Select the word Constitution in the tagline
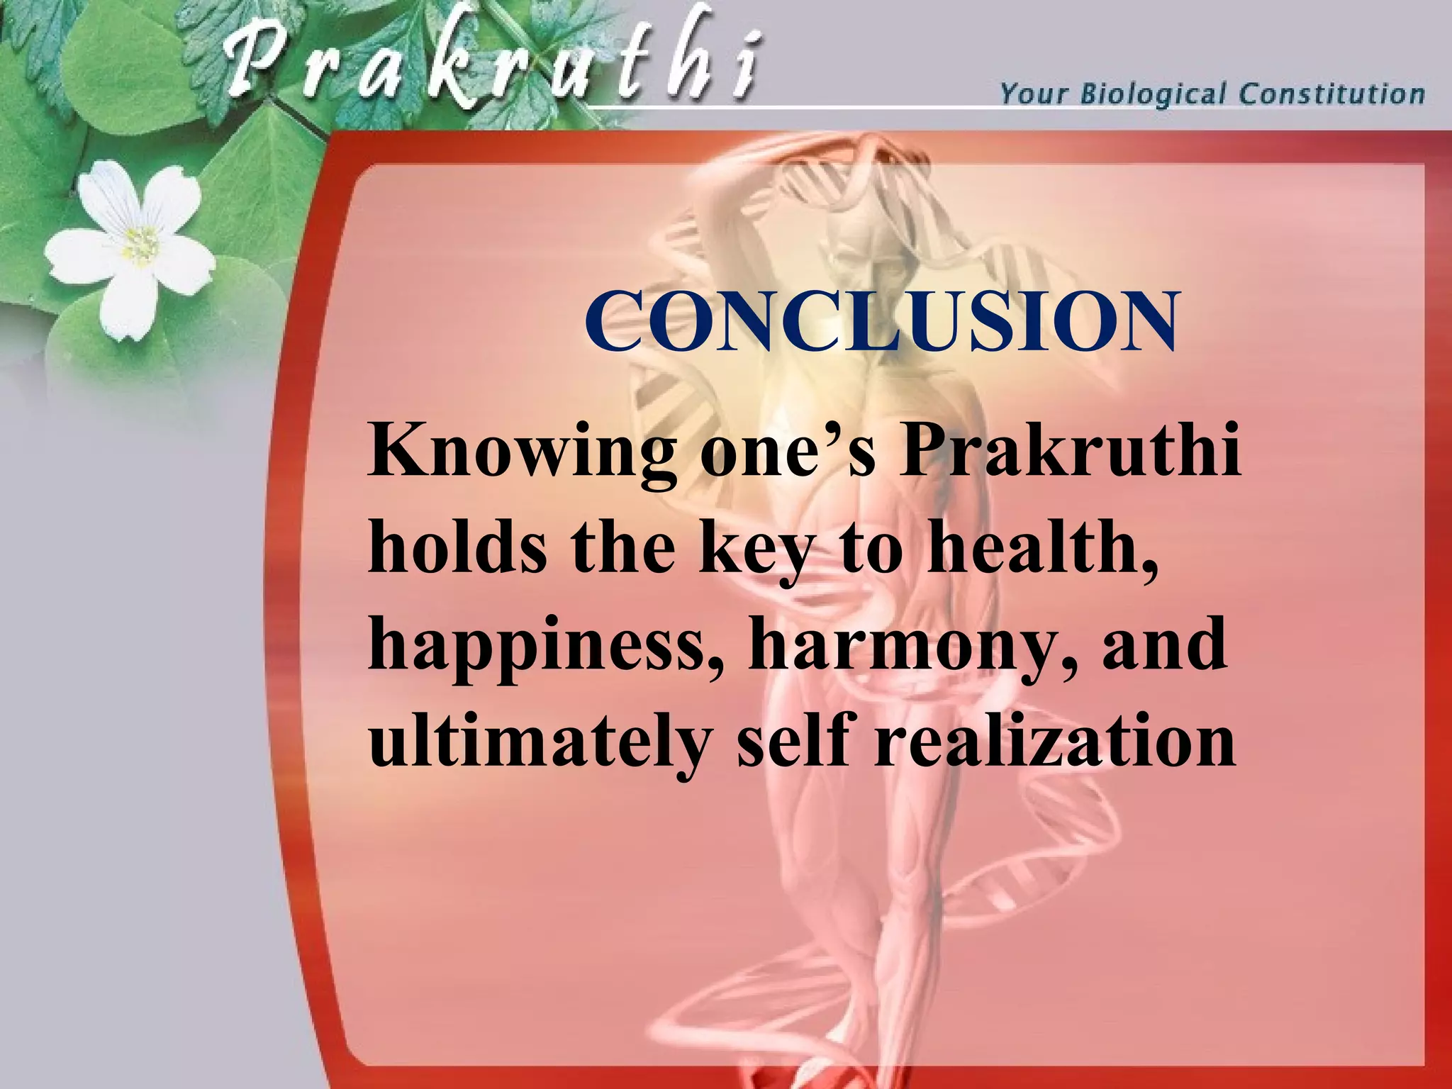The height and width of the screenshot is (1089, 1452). tap(1331, 94)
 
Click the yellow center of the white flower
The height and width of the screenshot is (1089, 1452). tap(140, 243)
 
